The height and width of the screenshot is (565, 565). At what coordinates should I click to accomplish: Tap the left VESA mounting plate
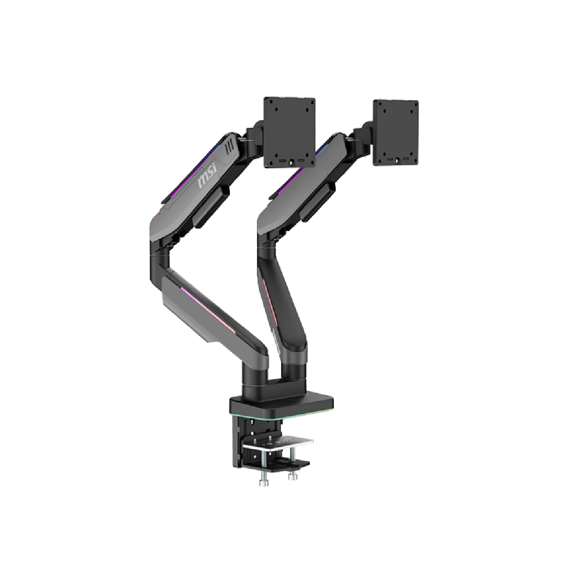[x=290, y=132]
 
